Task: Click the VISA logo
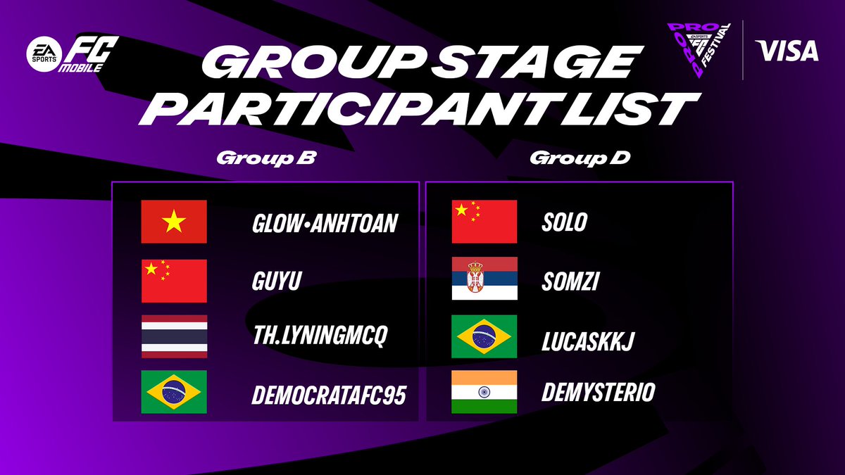[x=787, y=51]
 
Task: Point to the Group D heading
[x=580, y=158]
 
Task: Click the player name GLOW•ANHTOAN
[x=325, y=224]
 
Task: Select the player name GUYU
[x=277, y=281]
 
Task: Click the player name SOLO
[x=565, y=222]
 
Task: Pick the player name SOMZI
[x=570, y=281]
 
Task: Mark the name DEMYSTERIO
[x=598, y=393]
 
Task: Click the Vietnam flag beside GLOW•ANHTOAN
[x=174, y=222]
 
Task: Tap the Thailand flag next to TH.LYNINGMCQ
[x=174, y=336]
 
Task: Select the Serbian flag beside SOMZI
[x=484, y=278]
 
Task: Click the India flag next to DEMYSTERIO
[x=484, y=392]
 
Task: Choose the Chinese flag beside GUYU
[x=174, y=281]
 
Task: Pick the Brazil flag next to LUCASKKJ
[x=484, y=336]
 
